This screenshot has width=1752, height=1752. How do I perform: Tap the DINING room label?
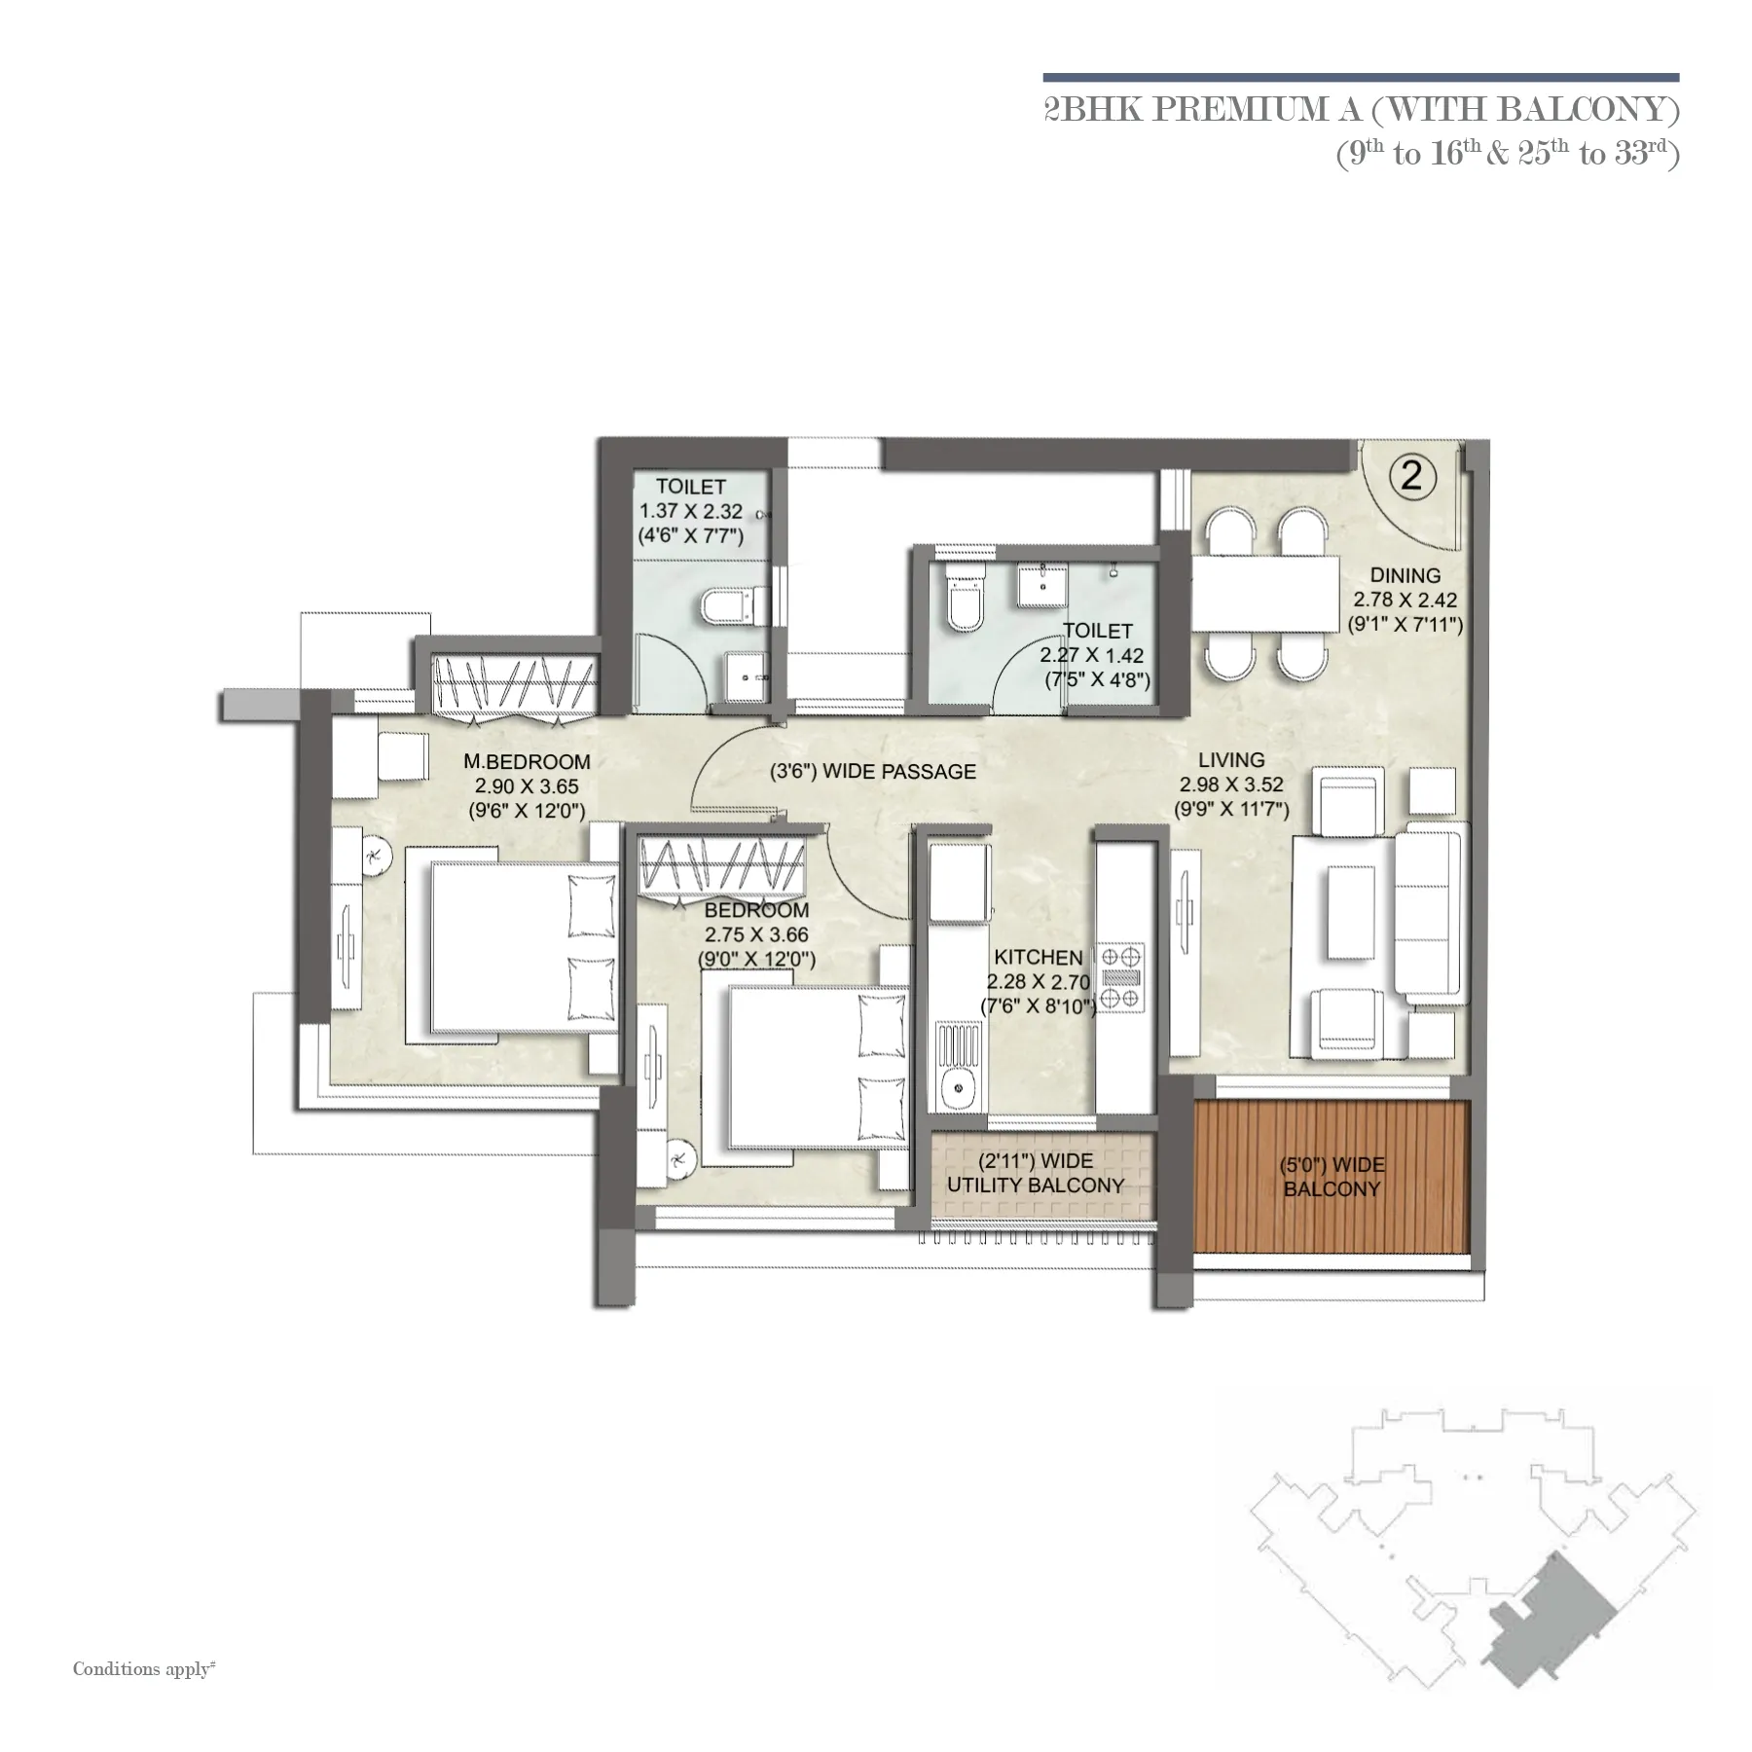click(1405, 575)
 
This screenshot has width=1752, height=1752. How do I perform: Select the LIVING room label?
click(1231, 759)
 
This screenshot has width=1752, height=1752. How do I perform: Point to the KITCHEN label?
click(1039, 958)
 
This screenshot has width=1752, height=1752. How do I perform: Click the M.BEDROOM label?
click(527, 761)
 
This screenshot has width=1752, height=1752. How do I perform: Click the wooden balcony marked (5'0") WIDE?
click(1331, 1177)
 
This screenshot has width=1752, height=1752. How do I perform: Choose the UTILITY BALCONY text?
click(1035, 1186)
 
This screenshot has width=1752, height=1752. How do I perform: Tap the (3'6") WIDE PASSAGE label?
click(872, 772)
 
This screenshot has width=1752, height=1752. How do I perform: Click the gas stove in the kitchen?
click(1121, 977)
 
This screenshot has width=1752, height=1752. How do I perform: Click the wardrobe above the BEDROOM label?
click(723, 867)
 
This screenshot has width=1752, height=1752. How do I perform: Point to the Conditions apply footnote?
click(144, 1668)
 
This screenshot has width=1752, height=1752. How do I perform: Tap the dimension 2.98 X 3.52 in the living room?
click(1231, 785)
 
